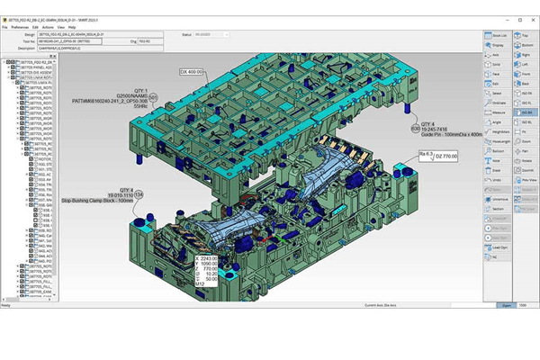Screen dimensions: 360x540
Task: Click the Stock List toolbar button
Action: (x=498, y=35)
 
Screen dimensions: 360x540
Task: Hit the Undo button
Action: (x=498, y=179)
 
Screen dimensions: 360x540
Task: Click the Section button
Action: (x=498, y=208)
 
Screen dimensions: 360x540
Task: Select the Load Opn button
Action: (x=498, y=246)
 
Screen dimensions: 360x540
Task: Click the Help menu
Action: (x=73, y=28)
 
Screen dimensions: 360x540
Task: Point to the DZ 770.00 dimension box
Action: (x=438, y=156)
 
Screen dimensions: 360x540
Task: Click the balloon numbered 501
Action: (x=153, y=96)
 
